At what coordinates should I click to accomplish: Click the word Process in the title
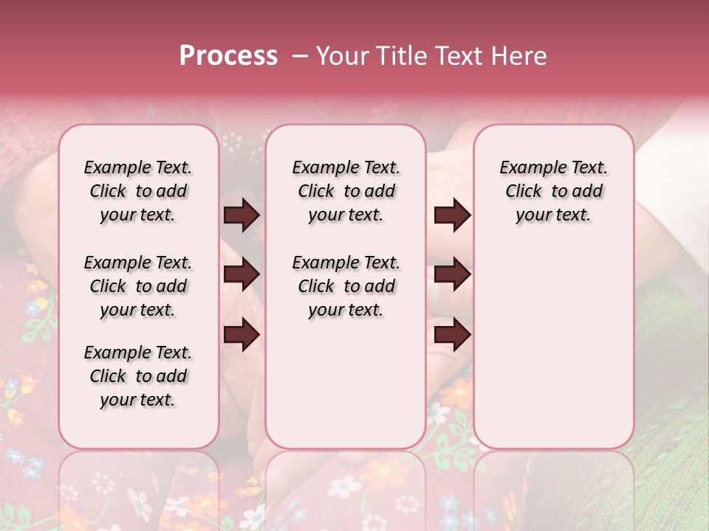point(228,56)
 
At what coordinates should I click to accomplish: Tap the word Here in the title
point(521,56)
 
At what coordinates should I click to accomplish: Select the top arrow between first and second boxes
point(242,215)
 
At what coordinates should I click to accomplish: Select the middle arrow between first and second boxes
point(242,275)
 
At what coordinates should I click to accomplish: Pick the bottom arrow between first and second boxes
point(242,335)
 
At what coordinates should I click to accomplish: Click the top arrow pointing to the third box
point(452,215)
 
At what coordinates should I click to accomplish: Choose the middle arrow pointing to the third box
point(452,275)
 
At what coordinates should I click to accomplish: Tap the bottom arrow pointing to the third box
point(452,335)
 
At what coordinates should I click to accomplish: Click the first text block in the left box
point(138,191)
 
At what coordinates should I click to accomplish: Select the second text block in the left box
point(138,286)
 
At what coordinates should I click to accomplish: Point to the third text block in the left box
point(138,376)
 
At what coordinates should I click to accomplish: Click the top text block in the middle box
point(346,191)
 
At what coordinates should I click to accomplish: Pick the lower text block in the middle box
point(346,286)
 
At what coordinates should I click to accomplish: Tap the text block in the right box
point(553,191)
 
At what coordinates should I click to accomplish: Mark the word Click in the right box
point(524,192)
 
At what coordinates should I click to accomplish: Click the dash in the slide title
point(300,56)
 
